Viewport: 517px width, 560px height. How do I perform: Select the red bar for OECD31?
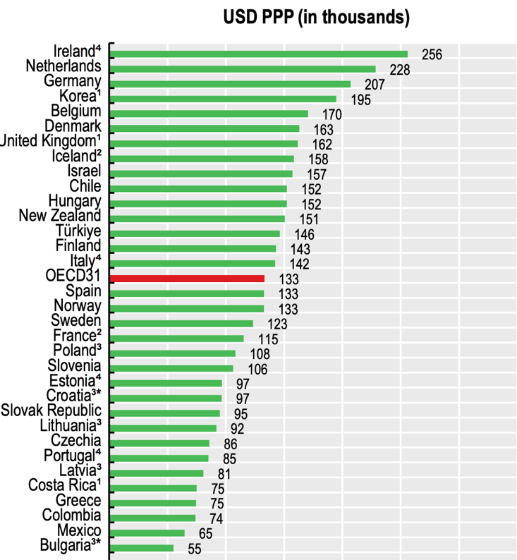[x=187, y=279]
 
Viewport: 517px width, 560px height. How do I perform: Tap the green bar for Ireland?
[x=259, y=54]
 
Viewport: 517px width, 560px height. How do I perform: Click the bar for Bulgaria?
[x=142, y=547]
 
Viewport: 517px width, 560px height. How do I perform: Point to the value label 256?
[x=431, y=55]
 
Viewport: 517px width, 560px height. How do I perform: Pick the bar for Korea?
[x=224, y=99]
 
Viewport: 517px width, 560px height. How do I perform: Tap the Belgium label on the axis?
[x=76, y=111]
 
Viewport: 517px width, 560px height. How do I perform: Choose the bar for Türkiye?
[x=195, y=233]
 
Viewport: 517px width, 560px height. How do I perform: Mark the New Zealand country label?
[x=60, y=216]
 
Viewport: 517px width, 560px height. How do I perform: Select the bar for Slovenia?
[x=171, y=368]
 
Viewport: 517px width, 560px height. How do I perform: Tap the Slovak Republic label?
[x=51, y=410]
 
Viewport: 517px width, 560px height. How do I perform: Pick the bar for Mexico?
[x=147, y=532]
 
